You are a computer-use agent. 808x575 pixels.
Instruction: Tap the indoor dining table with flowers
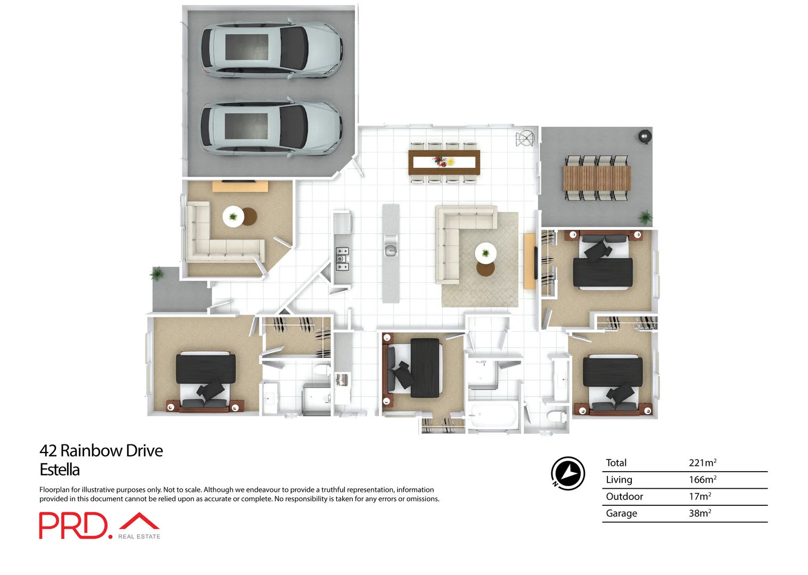(444, 161)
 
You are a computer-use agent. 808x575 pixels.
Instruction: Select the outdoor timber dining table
(597, 178)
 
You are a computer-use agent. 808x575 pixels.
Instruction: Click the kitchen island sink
(391, 249)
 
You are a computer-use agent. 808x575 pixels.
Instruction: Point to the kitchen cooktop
(342, 259)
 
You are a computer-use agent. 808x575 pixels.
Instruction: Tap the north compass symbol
(567, 473)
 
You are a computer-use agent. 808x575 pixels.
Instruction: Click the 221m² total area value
(702, 463)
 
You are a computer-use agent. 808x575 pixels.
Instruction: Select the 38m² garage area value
(699, 513)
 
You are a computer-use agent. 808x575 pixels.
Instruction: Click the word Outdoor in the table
(624, 497)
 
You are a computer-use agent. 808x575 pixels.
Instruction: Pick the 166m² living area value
(702, 480)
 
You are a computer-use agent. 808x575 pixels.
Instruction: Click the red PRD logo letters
(73, 526)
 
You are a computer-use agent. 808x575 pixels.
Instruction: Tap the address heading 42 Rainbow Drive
(101, 451)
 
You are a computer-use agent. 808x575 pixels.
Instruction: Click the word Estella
(60, 470)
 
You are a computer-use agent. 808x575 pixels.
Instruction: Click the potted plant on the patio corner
(646, 217)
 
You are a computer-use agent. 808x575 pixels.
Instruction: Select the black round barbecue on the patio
(645, 136)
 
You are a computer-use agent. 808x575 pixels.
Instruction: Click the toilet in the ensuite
(321, 369)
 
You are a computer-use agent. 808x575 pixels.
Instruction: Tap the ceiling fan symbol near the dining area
(525, 138)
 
